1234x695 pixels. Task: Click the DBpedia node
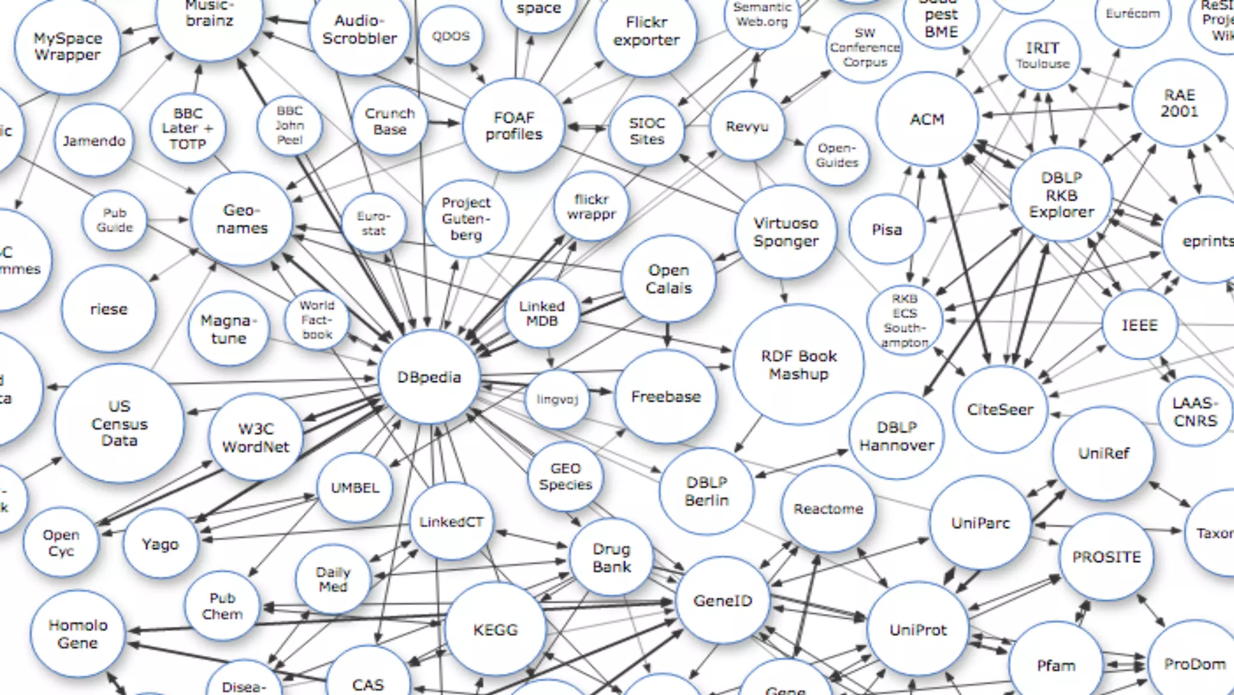[x=429, y=377]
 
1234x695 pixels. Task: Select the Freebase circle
[x=666, y=397]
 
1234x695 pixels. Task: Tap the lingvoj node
[x=557, y=399]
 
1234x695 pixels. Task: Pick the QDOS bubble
[x=451, y=36]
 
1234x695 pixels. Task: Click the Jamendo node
[x=94, y=141]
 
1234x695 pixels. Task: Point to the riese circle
[x=108, y=309]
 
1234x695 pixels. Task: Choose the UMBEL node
[x=355, y=487]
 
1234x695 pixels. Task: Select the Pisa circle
[x=886, y=230]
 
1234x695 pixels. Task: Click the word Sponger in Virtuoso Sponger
[x=786, y=241]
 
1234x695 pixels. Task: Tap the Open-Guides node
[x=836, y=156]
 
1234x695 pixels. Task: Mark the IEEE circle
[x=1139, y=325]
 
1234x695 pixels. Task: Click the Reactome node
[x=828, y=509]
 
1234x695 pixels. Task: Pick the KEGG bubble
[x=495, y=630]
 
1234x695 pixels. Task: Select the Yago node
[x=160, y=544]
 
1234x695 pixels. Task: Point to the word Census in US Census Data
[x=119, y=424]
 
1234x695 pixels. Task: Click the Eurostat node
[x=374, y=223]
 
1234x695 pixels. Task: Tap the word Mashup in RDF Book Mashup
[x=798, y=374]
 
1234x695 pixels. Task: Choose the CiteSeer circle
[x=1000, y=409]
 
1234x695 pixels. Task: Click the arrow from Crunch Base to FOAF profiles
[x=445, y=123]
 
